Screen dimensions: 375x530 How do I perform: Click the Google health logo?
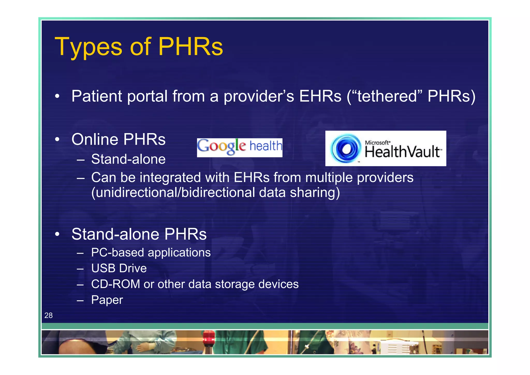tap(239, 147)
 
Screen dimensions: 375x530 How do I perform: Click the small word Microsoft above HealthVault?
tap(377, 142)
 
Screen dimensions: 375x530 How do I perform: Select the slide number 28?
tap(48, 315)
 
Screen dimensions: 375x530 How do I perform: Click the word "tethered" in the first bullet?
tap(387, 96)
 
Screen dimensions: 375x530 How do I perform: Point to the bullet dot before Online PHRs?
tap(57, 140)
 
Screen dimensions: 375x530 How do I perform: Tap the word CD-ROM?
tap(115, 284)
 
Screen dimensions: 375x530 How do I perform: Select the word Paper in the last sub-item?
tap(107, 300)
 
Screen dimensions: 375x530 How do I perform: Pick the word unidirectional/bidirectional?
tap(173, 193)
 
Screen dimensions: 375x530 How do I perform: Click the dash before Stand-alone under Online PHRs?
tap(80, 160)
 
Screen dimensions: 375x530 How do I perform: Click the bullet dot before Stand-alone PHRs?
tap(57, 234)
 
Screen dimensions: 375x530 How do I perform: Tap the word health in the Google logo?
tap(266, 146)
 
